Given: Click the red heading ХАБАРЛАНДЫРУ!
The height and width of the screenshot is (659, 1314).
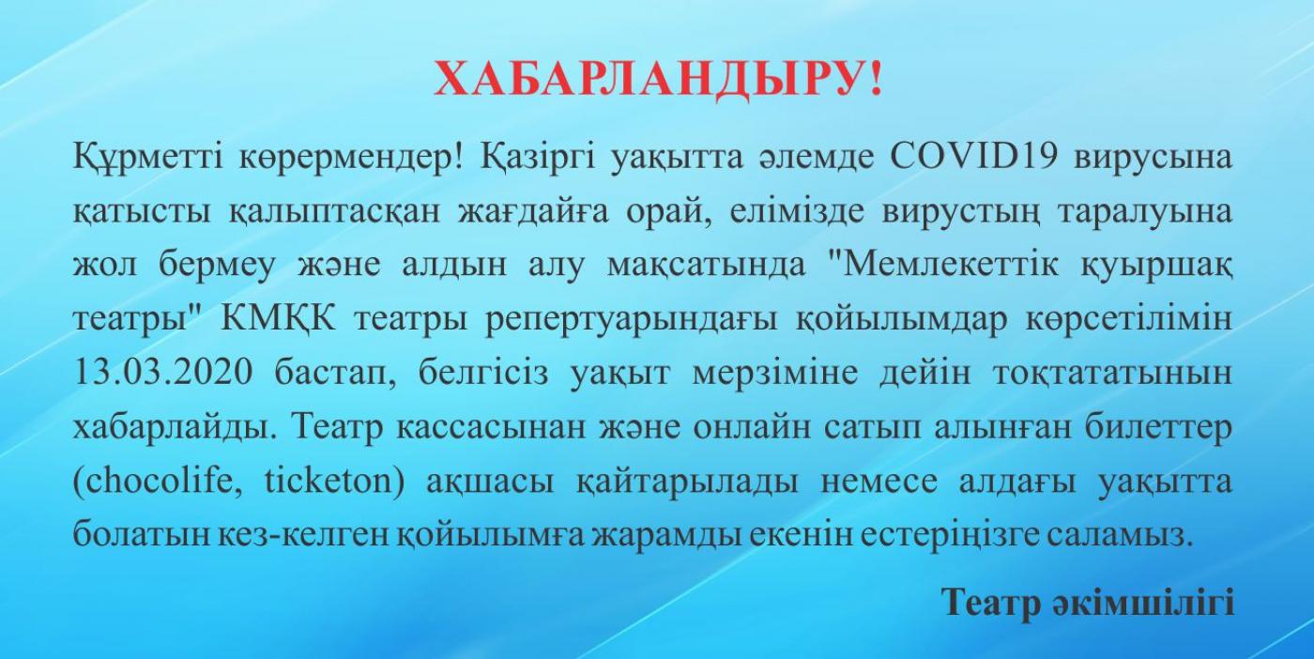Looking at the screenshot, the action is [x=658, y=80].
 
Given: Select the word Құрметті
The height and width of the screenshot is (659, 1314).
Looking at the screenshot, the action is [x=147, y=160].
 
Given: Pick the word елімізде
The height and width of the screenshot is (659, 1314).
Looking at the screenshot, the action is [x=797, y=212].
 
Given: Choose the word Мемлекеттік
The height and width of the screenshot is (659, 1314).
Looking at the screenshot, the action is [x=943, y=265].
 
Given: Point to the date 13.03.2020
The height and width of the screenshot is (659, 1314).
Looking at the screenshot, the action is [x=163, y=373].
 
